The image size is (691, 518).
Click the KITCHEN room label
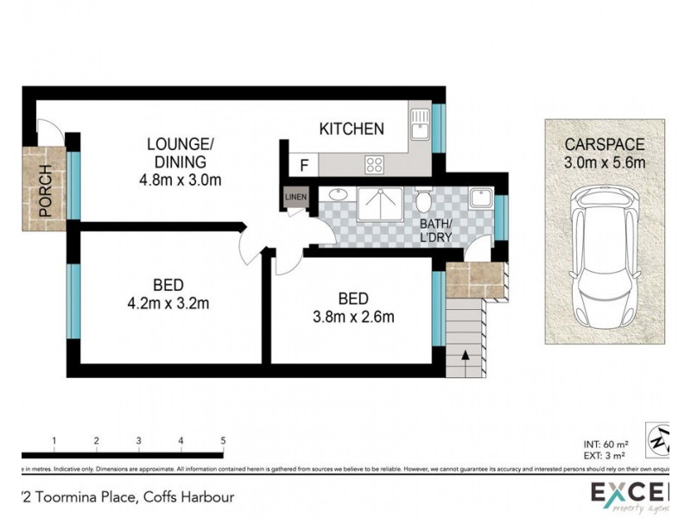pyautogui.click(x=352, y=129)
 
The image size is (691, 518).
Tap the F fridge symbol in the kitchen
pyautogui.click(x=304, y=165)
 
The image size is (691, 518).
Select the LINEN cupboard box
pyautogui.click(x=295, y=199)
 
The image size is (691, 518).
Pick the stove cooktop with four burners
pyautogui.click(x=375, y=164)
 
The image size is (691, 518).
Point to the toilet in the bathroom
pyautogui.click(x=422, y=200)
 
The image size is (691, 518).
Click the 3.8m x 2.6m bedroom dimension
pyautogui.click(x=353, y=316)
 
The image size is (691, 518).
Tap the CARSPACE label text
pyautogui.click(x=605, y=144)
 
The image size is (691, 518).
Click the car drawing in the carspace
pyautogui.click(x=605, y=259)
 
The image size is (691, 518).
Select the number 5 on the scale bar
pyautogui.click(x=224, y=441)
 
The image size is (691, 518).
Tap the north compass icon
pyautogui.click(x=661, y=438)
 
